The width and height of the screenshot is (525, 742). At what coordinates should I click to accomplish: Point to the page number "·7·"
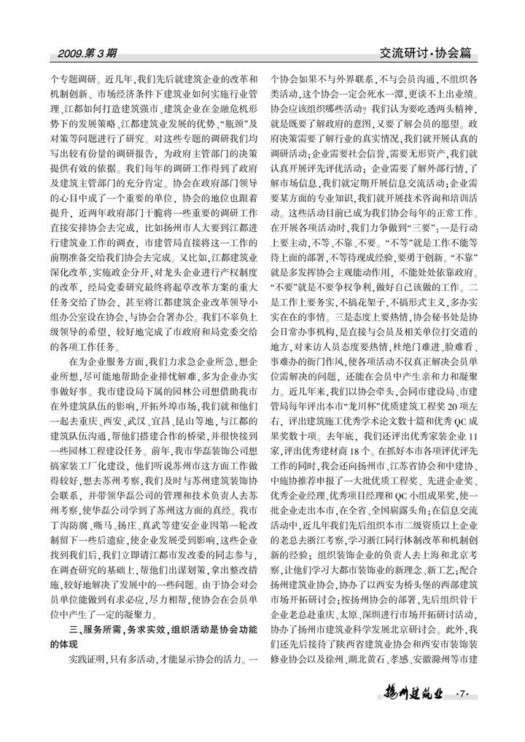pyautogui.click(x=464, y=692)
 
